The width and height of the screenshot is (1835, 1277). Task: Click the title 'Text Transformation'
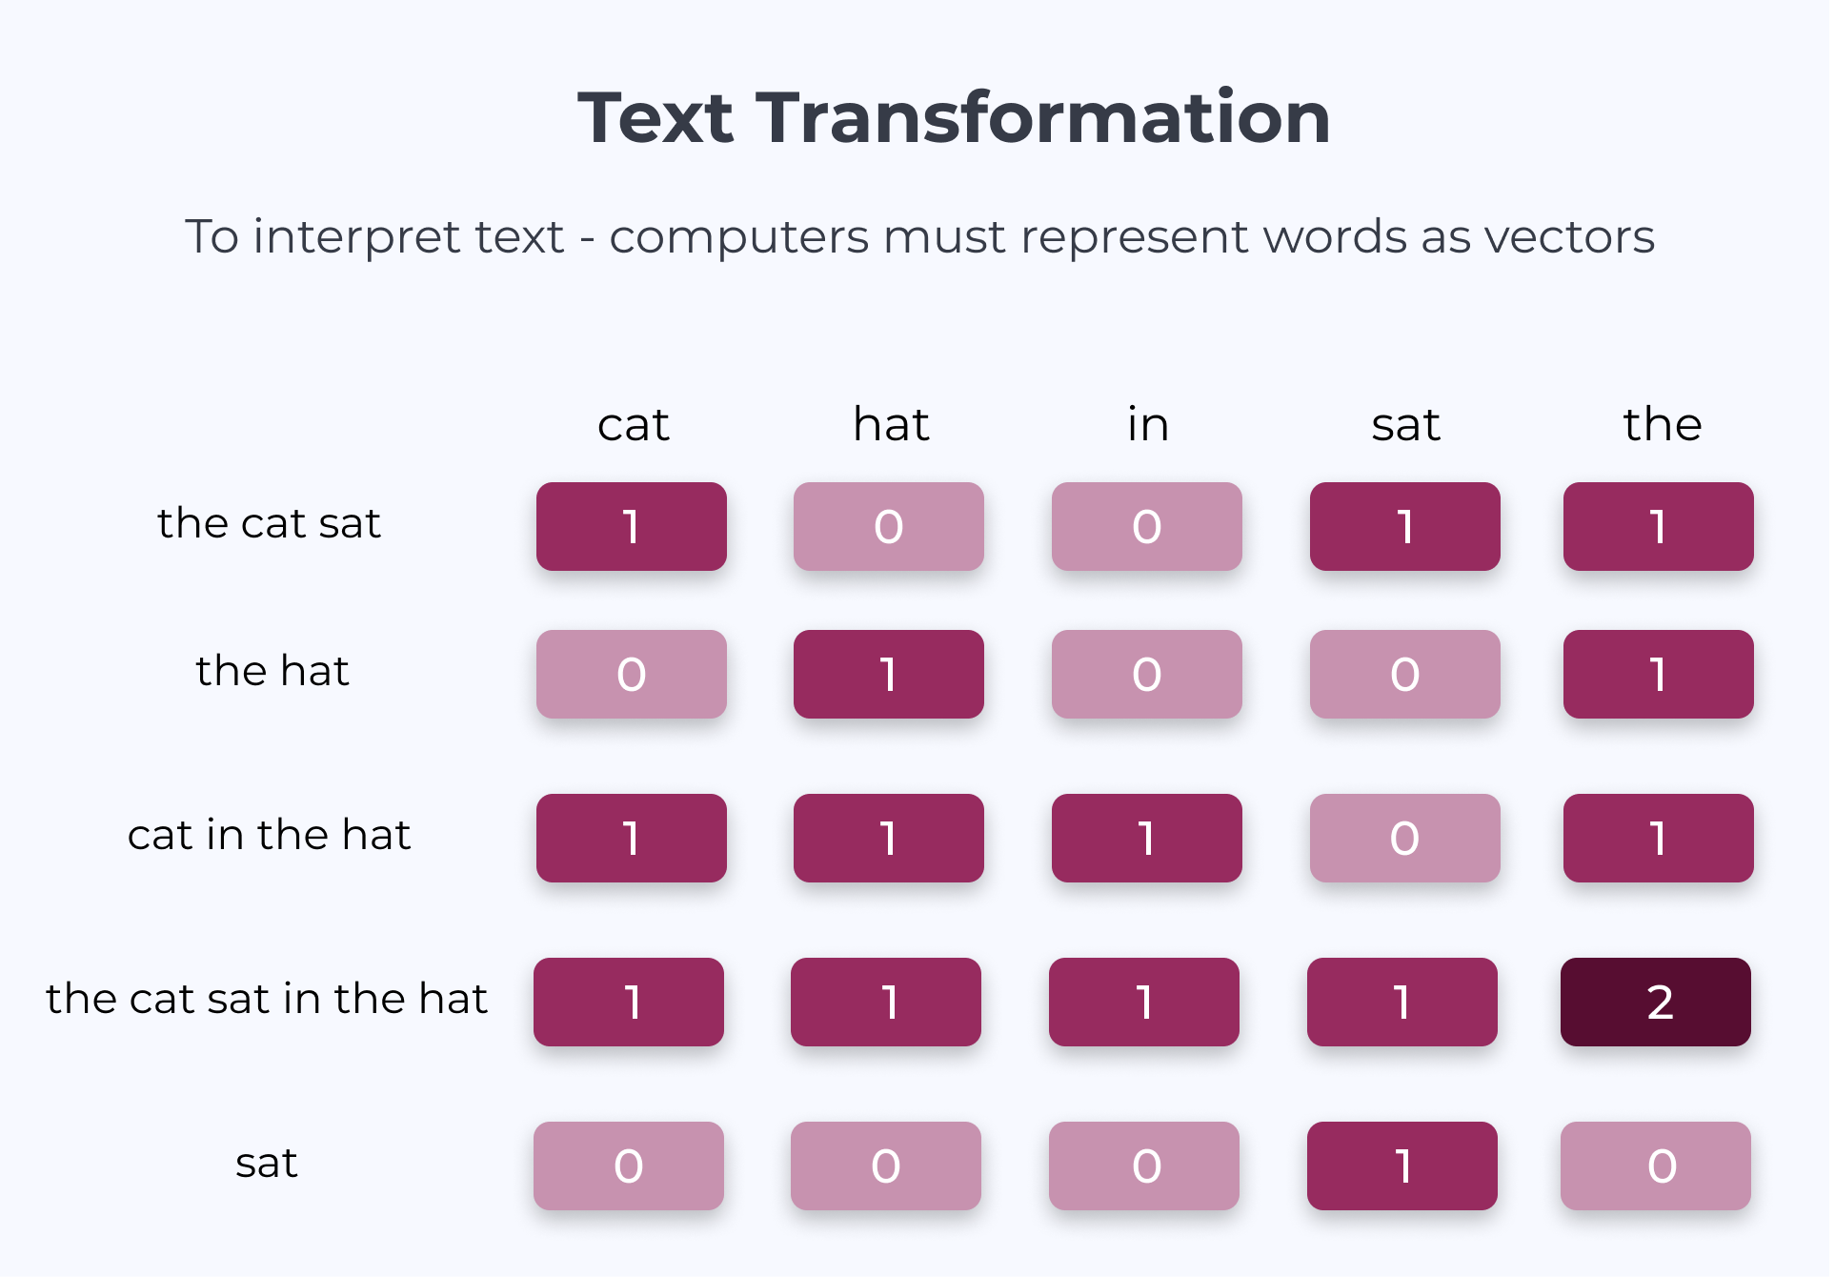pos(954,118)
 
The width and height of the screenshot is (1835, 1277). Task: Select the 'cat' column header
pos(633,425)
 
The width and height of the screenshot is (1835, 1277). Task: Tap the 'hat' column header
pos(891,424)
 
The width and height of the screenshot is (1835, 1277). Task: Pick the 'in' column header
pos(1148,424)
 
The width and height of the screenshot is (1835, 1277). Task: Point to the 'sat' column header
pos(1405,425)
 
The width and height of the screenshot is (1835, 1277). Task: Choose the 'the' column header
pos(1663,424)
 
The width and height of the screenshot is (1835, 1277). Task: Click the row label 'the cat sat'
pos(270,523)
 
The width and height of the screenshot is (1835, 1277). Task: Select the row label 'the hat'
pos(272,671)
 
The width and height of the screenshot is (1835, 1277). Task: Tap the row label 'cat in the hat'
pos(270,835)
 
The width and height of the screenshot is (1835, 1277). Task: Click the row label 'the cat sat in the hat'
pos(267,999)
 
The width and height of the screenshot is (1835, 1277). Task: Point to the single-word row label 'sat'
pos(267,1164)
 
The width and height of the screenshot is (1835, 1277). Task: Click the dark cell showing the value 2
pos(1656,1003)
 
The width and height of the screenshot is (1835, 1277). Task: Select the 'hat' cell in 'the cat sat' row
pos(889,527)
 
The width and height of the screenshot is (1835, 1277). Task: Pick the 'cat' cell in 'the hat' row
pos(632,675)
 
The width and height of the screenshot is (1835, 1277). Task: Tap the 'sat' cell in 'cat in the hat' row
pos(1405,839)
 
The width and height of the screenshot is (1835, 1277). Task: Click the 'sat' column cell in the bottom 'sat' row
pos(1402,1166)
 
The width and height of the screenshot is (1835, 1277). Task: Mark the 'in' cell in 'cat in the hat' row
pos(1147,839)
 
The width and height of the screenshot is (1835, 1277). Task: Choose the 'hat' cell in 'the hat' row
pos(889,675)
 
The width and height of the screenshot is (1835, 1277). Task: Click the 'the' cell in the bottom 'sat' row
pos(1656,1166)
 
